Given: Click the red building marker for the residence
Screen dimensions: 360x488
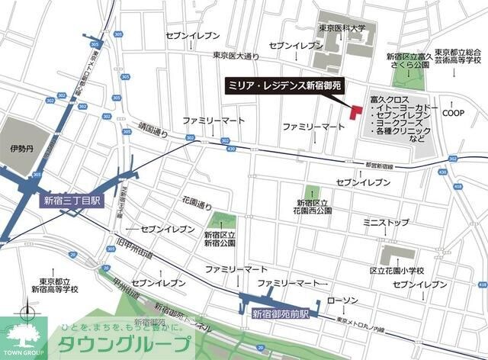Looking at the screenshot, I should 355,111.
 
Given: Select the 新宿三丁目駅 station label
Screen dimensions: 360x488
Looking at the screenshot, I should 75,201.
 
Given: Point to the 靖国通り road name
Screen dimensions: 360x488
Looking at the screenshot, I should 152,132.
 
